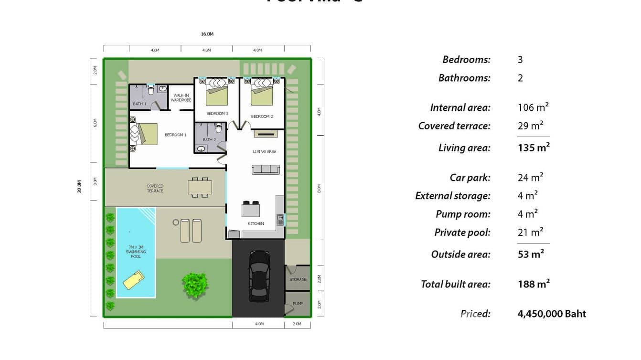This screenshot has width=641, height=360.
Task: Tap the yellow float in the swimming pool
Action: (134, 280)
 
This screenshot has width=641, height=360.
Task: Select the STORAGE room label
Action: (298, 279)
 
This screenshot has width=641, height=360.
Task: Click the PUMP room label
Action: (298, 304)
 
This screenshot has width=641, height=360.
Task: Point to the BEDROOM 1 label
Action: (176, 135)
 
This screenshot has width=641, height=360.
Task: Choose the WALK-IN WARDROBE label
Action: (181, 98)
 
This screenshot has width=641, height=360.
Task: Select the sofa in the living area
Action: (266, 169)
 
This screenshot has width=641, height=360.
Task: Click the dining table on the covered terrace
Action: (200, 187)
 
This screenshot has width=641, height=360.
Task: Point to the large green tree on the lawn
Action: (195, 285)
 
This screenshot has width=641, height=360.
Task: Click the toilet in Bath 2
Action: (219, 128)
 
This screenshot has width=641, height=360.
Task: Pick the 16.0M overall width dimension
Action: (207, 34)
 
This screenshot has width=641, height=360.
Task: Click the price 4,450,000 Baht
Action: (552, 314)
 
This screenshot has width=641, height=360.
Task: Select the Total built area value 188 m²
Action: (534, 284)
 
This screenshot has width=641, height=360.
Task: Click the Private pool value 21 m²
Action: (530, 233)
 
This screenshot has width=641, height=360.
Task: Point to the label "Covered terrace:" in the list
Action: (454, 126)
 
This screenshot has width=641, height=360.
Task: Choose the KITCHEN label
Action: (256, 223)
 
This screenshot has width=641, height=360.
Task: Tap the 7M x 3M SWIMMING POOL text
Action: (136, 252)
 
